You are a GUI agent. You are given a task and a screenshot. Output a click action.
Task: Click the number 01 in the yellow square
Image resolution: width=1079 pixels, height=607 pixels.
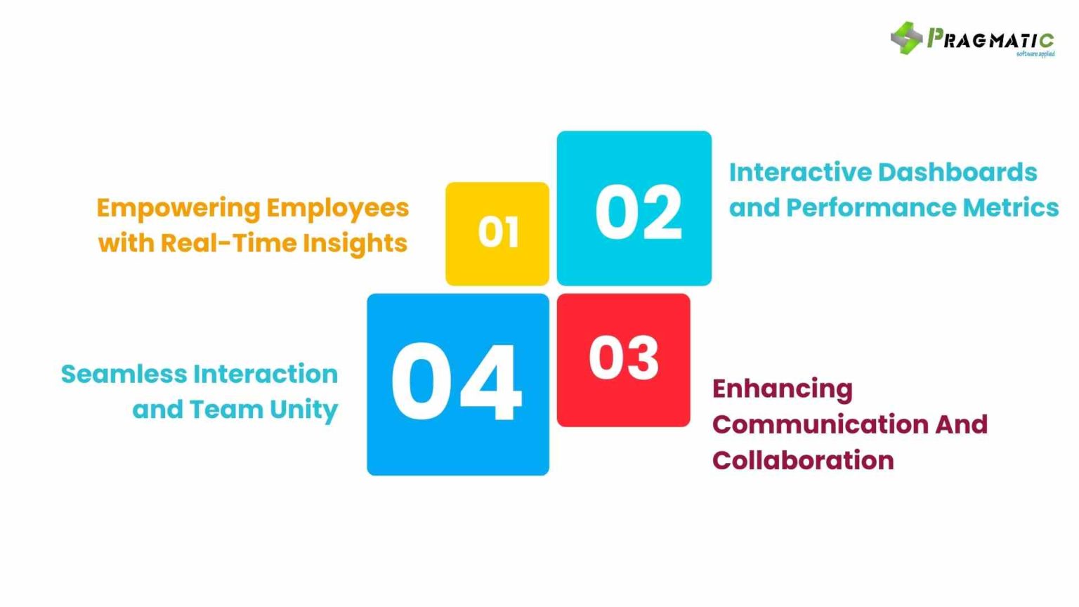498,232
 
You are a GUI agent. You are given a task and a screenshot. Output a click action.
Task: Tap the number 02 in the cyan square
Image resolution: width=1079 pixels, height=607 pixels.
638,212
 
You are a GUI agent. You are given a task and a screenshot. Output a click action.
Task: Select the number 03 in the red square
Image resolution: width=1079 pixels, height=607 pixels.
624,358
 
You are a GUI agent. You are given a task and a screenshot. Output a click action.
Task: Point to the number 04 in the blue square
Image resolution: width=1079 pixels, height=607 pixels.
456,383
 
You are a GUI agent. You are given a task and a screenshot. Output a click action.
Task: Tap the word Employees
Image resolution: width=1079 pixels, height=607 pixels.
337,209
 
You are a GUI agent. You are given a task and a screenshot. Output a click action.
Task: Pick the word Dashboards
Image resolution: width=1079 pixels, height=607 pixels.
957,172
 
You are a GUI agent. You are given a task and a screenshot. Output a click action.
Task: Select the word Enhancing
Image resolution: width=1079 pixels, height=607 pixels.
783,389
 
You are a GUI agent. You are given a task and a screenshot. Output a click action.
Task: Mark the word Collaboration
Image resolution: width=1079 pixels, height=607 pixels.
803,460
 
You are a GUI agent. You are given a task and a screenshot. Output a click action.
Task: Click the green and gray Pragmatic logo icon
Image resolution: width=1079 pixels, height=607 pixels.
905,37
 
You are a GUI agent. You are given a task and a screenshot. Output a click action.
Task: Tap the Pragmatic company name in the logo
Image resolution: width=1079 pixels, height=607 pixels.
990,39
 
